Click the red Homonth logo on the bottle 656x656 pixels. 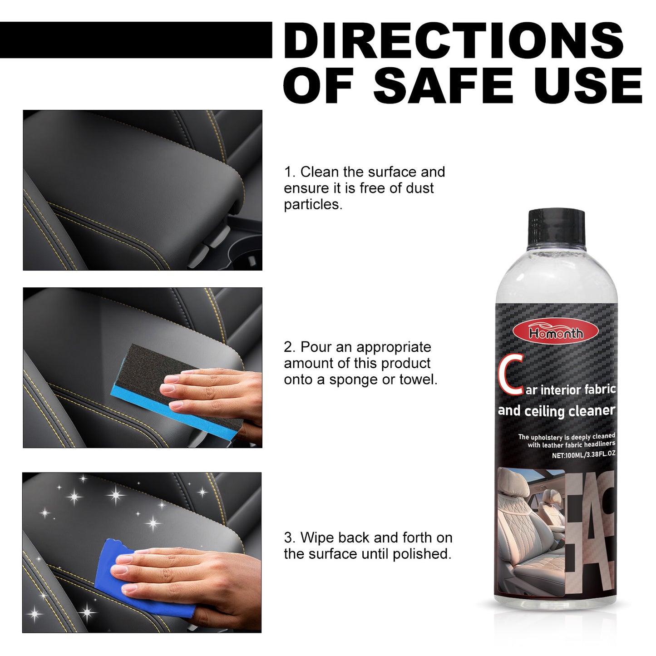pyautogui.click(x=556, y=333)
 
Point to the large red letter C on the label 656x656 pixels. pyautogui.click(x=511, y=375)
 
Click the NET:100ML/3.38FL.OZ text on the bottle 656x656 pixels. pyautogui.click(x=583, y=454)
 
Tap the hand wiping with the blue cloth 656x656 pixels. pyautogui.click(x=191, y=577)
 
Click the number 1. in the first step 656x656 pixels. pyautogui.click(x=290, y=172)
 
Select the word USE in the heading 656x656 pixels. pyautogui.click(x=587, y=86)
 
